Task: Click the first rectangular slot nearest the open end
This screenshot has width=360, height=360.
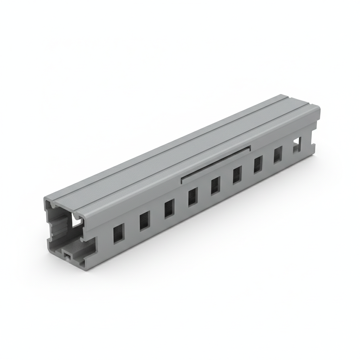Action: [118, 233]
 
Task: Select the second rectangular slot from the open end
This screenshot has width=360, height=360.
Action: [144, 221]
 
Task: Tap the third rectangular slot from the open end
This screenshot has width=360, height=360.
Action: [169, 208]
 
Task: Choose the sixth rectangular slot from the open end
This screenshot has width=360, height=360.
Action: [237, 175]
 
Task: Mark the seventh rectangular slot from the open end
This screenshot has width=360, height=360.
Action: [258, 164]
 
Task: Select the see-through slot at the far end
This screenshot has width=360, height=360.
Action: [297, 144]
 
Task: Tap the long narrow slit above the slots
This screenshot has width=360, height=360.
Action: [215, 164]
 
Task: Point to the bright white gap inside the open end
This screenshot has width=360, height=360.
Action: [77, 219]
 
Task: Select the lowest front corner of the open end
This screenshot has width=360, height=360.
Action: [84, 269]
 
